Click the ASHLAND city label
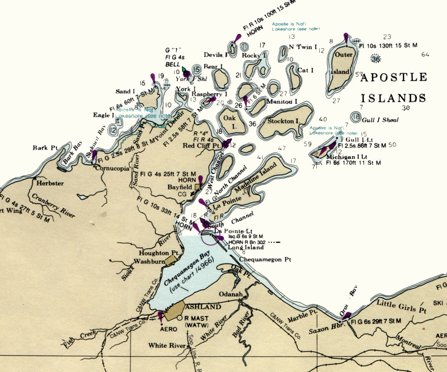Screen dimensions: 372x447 click(202, 307)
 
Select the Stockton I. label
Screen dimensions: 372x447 click(284, 121)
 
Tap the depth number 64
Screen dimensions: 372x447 click(425, 55)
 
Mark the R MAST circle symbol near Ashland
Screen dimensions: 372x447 click(180, 317)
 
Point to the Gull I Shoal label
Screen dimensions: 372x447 click(381, 120)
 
